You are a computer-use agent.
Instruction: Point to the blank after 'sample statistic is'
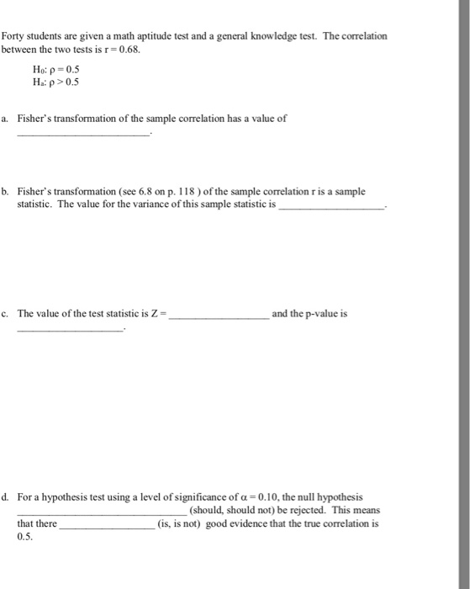coord(330,205)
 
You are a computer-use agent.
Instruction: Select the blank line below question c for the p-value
coord(71,329)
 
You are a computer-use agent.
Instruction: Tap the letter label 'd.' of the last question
coord(6,498)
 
